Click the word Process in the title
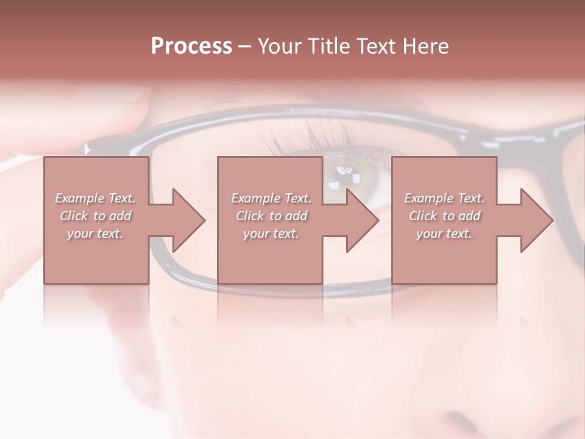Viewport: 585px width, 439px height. pos(191,46)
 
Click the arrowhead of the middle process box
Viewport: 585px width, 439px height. pos(362,220)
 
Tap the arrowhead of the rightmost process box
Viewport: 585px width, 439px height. pos(536,220)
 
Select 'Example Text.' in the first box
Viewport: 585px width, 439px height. pos(96,198)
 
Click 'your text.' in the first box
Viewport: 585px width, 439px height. pos(96,234)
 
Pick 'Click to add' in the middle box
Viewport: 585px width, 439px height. pos(271,216)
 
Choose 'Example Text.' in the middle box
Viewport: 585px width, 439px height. pos(271,198)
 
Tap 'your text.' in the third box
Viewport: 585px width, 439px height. pos(444,234)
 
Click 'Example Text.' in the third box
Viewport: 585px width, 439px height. pos(444,198)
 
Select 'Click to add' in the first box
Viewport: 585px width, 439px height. pos(96,216)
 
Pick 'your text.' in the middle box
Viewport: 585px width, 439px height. pos(271,234)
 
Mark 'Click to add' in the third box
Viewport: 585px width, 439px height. pos(444,216)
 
